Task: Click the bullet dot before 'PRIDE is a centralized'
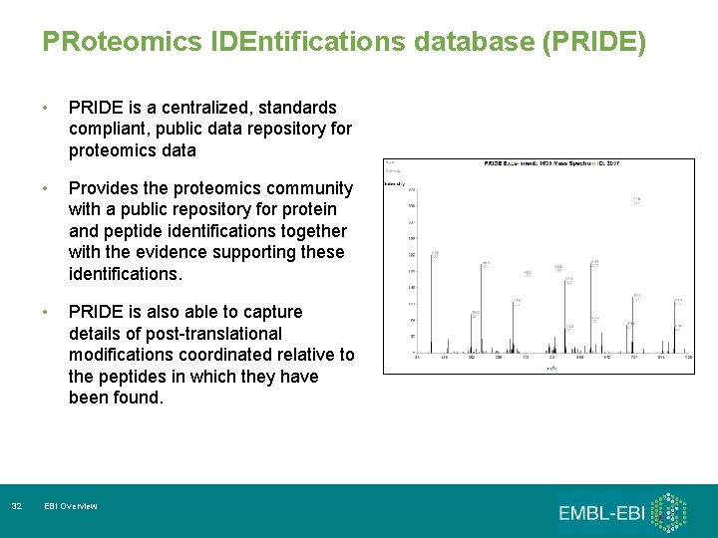coord(45,108)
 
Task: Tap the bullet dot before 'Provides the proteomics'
coord(45,188)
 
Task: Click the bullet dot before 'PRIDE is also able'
coord(45,312)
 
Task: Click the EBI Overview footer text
coord(71,507)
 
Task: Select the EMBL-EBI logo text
coord(600,513)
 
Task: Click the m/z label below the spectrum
coord(549,368)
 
